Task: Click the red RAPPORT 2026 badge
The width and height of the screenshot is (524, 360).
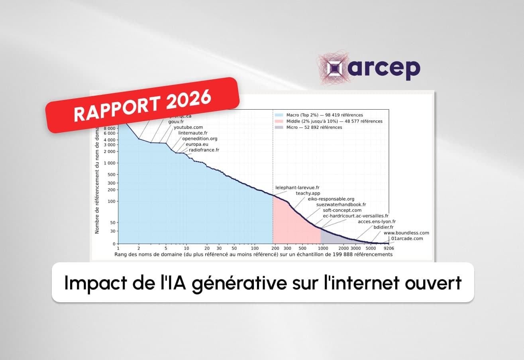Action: click(142, 104)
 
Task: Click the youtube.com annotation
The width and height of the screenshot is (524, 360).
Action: click(188, 128)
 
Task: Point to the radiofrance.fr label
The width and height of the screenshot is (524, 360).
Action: click(204, 150)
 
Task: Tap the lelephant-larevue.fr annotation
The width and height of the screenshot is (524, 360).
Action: click(297, 187)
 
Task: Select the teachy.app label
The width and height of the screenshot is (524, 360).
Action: click(308, 193)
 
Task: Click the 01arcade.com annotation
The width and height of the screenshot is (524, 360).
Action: click(407, 239)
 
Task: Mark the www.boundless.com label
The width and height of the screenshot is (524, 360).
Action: click(406, 233)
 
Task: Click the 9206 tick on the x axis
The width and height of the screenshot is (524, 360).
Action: click(389, 248)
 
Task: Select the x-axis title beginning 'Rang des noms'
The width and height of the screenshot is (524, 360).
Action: click(253, 254)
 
